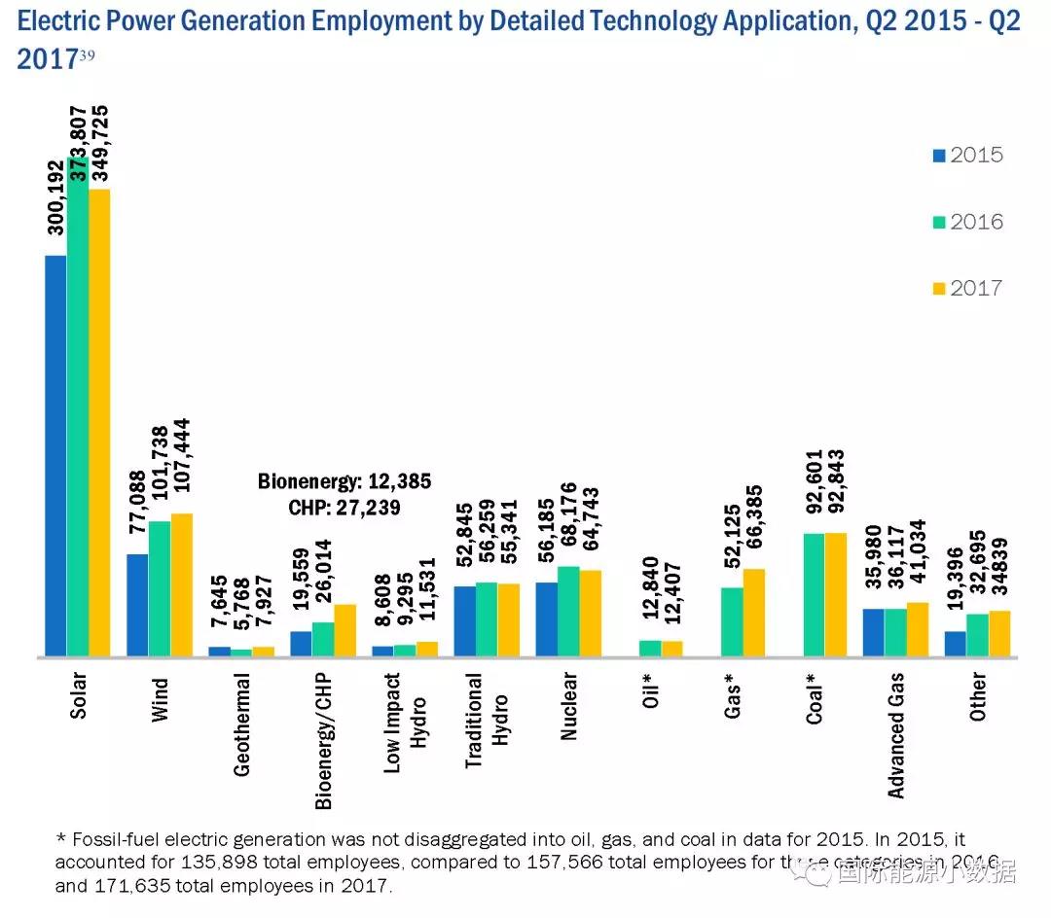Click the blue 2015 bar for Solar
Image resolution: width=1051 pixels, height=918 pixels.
tap(55, 456)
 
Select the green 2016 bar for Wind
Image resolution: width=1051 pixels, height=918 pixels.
tap(160, 589)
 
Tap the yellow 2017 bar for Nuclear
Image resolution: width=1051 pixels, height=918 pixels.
tap(590, 614)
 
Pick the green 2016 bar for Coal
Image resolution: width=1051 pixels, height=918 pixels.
tap(813, 595)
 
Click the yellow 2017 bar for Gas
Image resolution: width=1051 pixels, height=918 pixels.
tap(753, 614)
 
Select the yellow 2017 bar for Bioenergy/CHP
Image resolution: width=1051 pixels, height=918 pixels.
tap(344, 630)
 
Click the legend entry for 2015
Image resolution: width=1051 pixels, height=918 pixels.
tap(967, 156)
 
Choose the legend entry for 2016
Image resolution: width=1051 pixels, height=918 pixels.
tap(967, 222)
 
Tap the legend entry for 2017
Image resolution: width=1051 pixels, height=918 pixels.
tap(967, 288)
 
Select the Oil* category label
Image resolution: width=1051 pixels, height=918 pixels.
tap(651, 691)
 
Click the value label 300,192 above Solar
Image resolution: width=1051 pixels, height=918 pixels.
tap(55, 194)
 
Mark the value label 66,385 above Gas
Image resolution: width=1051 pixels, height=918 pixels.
tap(754, 516)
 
